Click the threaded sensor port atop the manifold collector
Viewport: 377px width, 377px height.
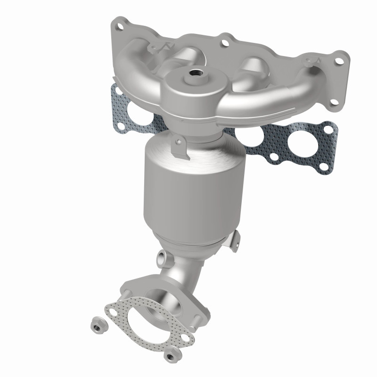[x=194, y=73]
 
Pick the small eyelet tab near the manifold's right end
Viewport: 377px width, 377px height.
[x=310, y=62]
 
